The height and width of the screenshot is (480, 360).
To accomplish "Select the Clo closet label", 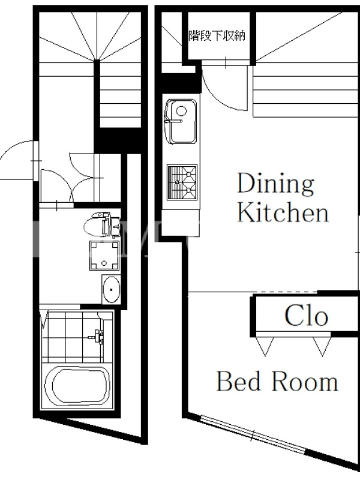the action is pyautogui.click(x=307, y=316).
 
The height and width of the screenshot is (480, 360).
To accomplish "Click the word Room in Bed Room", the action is pyautogui.click(x=305, y=382).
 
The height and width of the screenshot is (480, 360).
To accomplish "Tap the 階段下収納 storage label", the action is pyautogui.click(x=217, y=36).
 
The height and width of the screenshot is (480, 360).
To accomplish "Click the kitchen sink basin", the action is pyautogui.click(x=181, y=122).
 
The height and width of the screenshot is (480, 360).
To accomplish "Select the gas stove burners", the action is pyautogui.click(x=182, y=182).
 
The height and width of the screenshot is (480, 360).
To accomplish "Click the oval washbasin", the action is pyautogui.click(x=111, y=289).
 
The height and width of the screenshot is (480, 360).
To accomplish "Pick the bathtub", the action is pyautogui.click(x=77, y=386).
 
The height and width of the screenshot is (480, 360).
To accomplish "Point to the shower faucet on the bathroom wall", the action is pyautogui.click(x=98, y=336).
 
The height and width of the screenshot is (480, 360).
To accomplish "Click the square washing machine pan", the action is pyautogui.click(x=104, y=256).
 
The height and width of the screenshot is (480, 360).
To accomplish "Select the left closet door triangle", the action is pyautogui.click(x=265, y=347).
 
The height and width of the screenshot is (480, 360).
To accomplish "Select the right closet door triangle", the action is pyautogui.click(x=322, y=347).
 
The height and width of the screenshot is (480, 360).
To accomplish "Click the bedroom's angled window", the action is pyautogui.click(x=253, y=435).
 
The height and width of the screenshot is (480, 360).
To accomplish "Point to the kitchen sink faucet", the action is pyautogui.click(x=173, y=121).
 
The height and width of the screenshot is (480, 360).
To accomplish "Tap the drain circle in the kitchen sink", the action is pyautogui.click(x=181, y=110).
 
